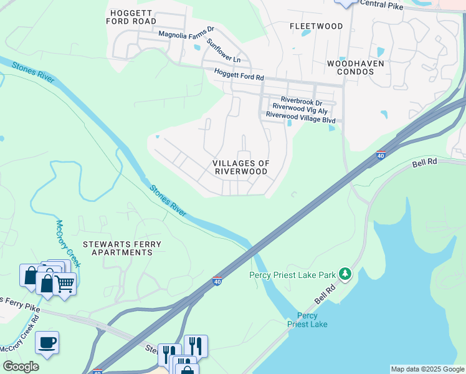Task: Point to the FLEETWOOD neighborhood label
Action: (x=316, y=26)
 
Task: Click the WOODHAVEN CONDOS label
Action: (x=355, y=67)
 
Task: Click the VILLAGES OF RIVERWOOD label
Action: (x=242, y=167)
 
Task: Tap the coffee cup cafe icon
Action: (x=47, y=343)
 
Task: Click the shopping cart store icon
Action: (x=64, y=284)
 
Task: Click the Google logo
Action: (x=21, y=366)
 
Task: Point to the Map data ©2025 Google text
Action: (x=427, y=369)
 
